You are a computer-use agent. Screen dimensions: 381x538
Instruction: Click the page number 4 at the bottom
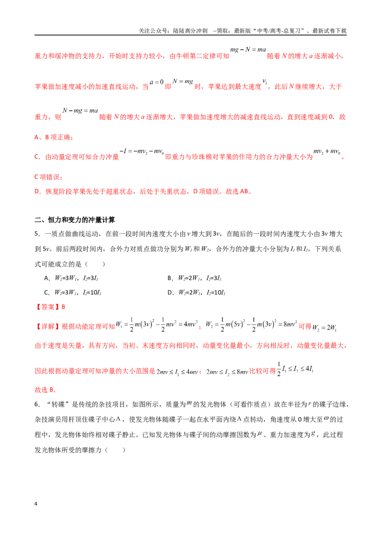pyautogui.click(x=36, y=504)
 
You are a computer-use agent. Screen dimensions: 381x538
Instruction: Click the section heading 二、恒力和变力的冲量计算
pyautogui.click(x=75, y=220)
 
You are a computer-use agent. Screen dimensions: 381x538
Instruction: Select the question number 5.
pyautogui.click(x=38, y=234)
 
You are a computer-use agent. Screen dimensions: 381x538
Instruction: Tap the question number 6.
pyautogui.click(x=38, y=404)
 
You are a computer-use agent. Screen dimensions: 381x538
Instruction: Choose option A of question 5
pyautogui.click(x=71, y=278)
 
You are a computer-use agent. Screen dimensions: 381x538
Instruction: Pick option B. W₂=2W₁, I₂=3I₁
pyautogui.click(x=194, y=278)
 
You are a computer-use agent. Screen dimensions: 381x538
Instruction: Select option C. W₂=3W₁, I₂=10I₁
pyautogui.click(x=72, y=292)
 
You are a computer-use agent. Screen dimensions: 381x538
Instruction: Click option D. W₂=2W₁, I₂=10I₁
pyautogui.click(x=196, y=292)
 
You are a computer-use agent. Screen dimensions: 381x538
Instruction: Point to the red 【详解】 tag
pyautogui.click(x=47, y=327)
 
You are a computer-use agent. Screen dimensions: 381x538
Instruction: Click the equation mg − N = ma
pyautogui.click(x=248, y=49)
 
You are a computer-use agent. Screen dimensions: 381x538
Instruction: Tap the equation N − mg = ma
pyautogui.click(x=80, y=110)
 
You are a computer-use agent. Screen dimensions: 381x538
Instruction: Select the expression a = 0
pyautogui.click(x=157, y=82)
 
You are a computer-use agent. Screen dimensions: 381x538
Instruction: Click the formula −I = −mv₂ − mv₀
pyautogui.click(x=141, y=151)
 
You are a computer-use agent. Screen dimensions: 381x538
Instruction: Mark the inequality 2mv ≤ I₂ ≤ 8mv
pyautogui.click(x=227, y=372)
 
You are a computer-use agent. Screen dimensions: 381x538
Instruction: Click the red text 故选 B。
pyautogui.click(x=46, y=390)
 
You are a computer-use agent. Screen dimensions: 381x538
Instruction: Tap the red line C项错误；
pyautogui.click(x=49, y=177)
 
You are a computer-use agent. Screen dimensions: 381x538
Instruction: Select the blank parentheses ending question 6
pyautogui.click(x=115, y=450)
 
